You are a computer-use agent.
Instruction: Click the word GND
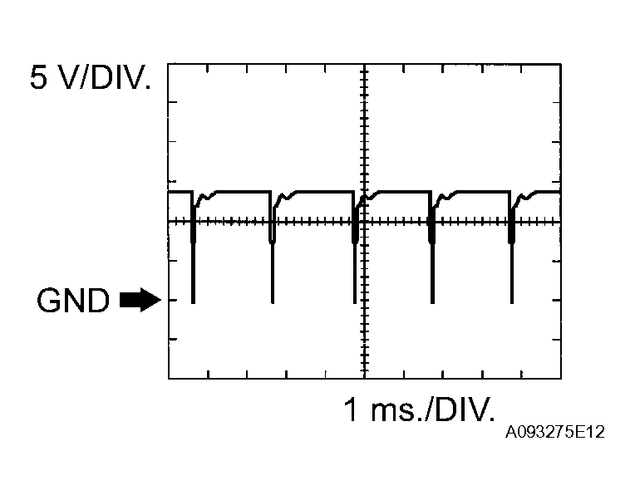coord(72,301)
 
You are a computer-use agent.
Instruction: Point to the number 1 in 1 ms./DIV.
coord(352,409)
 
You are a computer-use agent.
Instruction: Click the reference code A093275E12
coord(554,433)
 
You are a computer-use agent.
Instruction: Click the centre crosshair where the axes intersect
coord(364,222)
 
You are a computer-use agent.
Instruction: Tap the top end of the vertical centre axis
coord(364,65)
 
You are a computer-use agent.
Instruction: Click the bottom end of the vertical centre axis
coord(364,378)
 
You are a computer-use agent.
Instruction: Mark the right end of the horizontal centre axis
coord(560,222)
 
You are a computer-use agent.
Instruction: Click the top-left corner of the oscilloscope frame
coord(169,64)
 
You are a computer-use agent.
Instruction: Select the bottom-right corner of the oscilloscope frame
coord(560,379)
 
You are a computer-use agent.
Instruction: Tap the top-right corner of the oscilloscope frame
coord(560,64)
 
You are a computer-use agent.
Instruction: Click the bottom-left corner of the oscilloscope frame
coord(169,379)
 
